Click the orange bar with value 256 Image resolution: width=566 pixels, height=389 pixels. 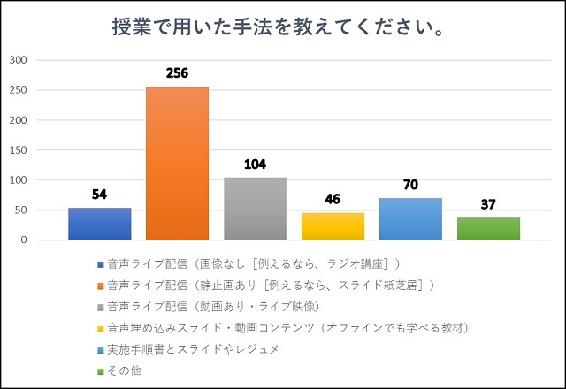(x=177, y=163)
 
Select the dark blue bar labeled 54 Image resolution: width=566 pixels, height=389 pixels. (x=100, y=224)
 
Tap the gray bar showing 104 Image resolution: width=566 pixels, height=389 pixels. (x=256, y=209)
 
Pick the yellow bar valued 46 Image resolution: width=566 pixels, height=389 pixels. (x=333, y=226)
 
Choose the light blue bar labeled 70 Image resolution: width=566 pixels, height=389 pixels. (x=410, y=219)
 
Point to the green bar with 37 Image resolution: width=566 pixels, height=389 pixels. (x=489, y=229)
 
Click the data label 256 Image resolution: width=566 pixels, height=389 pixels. (x=177, y=73)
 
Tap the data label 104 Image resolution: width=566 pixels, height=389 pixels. (x=256, y=164)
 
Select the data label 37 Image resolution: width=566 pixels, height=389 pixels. (x=488, y=204)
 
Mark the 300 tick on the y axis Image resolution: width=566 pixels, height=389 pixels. (x=18, y=60)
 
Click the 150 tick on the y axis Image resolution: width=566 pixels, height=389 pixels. (x=18, y=150)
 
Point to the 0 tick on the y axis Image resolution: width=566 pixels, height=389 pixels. (x=24, y=240)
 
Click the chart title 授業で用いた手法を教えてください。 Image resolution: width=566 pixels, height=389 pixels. (x=279, y=27)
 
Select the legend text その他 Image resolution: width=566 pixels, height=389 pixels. (x=125, y=370)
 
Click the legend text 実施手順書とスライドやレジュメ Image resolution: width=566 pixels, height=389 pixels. (x=193, y=349)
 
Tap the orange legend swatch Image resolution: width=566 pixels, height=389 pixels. (x=101, y=286)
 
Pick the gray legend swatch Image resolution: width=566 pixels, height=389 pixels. (x=101, y=308)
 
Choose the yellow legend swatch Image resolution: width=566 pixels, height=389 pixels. (x=101, y=329)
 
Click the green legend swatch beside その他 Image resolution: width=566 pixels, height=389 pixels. (x=101, y=371)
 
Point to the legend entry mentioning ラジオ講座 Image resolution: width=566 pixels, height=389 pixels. (x=254, y=264)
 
